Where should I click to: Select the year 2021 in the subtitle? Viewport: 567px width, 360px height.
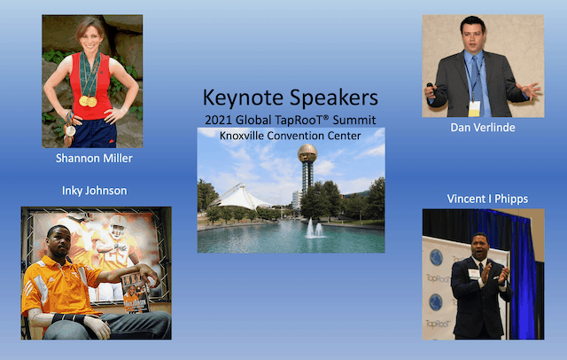tap(219, 119)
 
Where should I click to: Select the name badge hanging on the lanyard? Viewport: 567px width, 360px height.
tap(474, 108)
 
